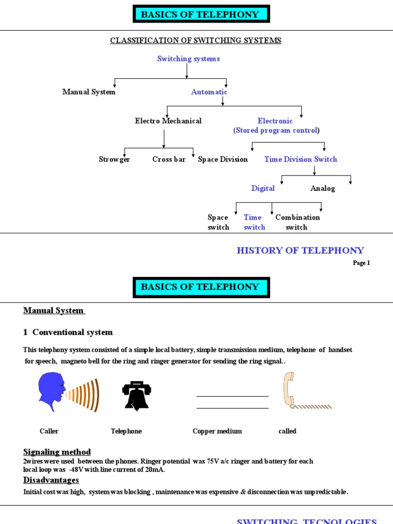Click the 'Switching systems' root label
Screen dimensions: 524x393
[x=188, y=59]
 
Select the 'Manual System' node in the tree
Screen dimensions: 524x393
[x=89, y=92]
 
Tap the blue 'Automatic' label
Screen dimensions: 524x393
[x=209, y=92]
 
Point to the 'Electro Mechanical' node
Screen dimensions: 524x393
[x=168, y=121]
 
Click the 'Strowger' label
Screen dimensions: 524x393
[x=114, y=160]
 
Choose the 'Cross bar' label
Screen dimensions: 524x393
[x=169, y=160]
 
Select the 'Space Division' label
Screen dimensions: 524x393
[x=223, y=160]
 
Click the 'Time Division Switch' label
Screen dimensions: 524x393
[x=300, y=160]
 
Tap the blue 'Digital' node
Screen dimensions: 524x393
[x=263, y=188]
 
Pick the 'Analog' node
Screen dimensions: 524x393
[x=322, y=188]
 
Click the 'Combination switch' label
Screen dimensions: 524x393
[x=297, y=222]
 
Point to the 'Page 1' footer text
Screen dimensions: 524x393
[x=361, y=263]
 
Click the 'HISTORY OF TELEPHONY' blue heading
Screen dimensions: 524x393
[x=300, y=250]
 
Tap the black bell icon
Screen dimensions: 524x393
[x=136, y=396]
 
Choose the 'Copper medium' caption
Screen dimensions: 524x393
[x=217, y=431]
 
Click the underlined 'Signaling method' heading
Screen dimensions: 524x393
[x=57, y=452]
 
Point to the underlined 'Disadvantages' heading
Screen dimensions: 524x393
[x=51, y=480]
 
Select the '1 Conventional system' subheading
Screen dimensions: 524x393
[x=68, y=333]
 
